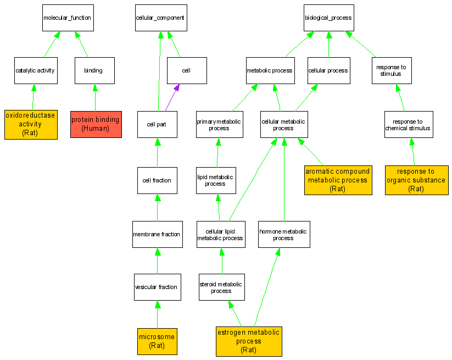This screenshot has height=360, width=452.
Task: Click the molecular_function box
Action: point(68,18)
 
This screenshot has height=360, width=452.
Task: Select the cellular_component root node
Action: point(160,18)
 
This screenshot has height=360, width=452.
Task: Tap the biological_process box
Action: point(328,18)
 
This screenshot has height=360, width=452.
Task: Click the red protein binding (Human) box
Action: point(96,124)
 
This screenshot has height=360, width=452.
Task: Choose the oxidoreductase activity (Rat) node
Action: point(31,124)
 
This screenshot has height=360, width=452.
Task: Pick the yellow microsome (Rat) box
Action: point(157,341)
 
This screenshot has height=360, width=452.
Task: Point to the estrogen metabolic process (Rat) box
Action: point(249,341)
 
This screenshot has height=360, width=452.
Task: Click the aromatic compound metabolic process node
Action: point(338,180)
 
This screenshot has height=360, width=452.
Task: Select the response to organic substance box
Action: point(416,180)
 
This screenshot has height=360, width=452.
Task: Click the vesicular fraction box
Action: point(157,287)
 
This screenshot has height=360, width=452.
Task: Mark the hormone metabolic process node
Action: point(283,234)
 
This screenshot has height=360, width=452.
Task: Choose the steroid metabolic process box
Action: point(221,287)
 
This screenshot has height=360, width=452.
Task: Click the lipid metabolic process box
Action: point(215,180)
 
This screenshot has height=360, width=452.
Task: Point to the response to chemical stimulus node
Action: point(409,125)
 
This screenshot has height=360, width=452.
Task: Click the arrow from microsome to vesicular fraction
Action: point(157,314)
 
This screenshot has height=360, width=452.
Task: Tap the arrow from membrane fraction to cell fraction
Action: point(157,207)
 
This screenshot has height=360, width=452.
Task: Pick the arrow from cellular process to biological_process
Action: point(328,44)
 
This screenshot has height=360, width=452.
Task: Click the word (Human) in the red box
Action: point(96,129)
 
